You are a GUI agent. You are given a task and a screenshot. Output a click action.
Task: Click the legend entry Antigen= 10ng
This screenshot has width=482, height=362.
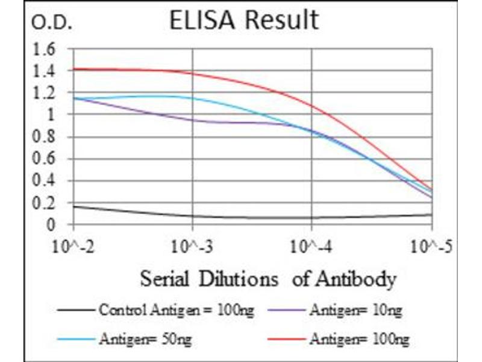355,311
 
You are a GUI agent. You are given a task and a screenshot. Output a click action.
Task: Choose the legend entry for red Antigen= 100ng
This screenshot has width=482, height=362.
359,340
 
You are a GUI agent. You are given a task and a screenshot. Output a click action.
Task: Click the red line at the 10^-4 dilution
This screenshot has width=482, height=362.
311,106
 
